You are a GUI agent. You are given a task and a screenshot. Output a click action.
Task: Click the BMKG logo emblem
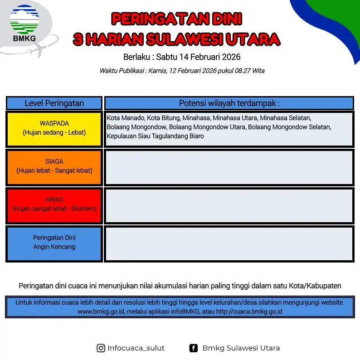24,19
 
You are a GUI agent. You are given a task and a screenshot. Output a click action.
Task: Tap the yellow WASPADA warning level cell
54,129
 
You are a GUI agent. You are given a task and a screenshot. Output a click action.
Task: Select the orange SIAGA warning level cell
54,167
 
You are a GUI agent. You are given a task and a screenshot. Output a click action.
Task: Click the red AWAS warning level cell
54,205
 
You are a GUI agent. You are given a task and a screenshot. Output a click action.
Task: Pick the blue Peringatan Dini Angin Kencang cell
54,243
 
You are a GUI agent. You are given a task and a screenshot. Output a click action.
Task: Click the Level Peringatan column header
54,103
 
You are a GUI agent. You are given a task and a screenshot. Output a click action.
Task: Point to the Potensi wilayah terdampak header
229,103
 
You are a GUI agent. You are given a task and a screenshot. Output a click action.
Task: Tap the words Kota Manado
126,118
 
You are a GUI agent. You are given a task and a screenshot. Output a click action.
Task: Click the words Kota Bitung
164,118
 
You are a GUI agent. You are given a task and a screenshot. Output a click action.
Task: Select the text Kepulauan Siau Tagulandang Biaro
155,136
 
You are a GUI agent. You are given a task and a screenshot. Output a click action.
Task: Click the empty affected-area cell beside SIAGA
229,167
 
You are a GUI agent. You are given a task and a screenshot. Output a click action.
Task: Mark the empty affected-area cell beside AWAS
229,205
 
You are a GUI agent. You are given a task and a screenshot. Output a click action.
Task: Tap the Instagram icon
101,348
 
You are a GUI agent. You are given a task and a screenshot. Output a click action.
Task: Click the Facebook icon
193,348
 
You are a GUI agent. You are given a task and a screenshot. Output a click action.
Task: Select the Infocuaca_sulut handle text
136,348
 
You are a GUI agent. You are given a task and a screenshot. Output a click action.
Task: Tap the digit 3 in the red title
78,39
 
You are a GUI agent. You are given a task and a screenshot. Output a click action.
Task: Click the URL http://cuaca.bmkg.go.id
249,311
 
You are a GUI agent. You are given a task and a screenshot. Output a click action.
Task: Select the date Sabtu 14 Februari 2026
198,57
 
